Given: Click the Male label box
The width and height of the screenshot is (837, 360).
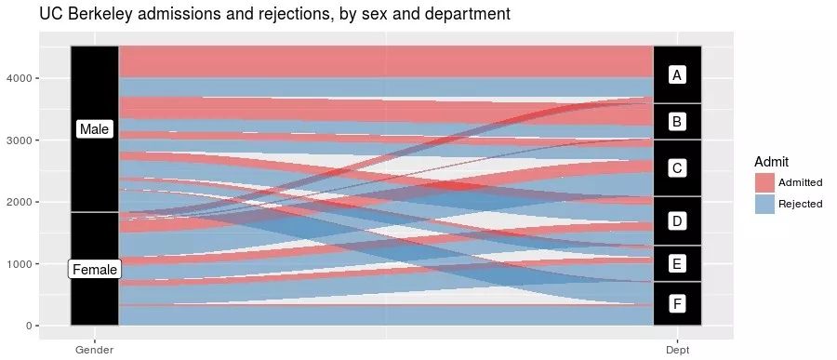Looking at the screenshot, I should click(x=94, y=129).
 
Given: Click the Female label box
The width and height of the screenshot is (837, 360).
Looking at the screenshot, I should click(x=95, y=269).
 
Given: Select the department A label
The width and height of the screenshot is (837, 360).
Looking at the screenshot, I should click(x=677, y=74).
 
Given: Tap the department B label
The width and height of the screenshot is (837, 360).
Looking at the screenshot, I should click(x=677, y=121).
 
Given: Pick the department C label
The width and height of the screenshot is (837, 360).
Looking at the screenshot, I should click(x=677, y=168).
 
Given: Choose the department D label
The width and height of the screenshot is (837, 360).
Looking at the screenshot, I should click(x=677, y=220).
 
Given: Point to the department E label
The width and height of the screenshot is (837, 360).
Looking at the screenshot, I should click(x=677, y=263).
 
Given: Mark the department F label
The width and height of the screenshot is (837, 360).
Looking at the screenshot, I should click(x=677, y=303).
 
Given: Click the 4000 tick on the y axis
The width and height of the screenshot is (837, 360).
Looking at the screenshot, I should click(x=20, y=78).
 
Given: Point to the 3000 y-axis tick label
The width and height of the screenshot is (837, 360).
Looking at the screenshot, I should click(x=20, y=140).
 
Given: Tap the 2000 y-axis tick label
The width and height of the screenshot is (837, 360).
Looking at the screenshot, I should click(x=20, y=202).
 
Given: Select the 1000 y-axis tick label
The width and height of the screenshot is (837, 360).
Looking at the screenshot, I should click(x=20, y=264).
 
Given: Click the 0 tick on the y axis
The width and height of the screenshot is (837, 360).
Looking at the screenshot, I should click(x=30, y=326).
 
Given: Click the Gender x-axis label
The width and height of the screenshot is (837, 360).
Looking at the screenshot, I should click(x=94, y=349).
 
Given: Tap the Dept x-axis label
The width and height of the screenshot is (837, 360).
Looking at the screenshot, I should click(x=677, y=349).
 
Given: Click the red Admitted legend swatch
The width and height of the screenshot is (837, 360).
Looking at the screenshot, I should click(x=764, y=182).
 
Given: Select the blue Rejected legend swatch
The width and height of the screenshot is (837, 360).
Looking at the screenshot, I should click(x=764, y=204).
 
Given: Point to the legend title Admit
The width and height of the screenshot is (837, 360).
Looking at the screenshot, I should click(x=772, y=161).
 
